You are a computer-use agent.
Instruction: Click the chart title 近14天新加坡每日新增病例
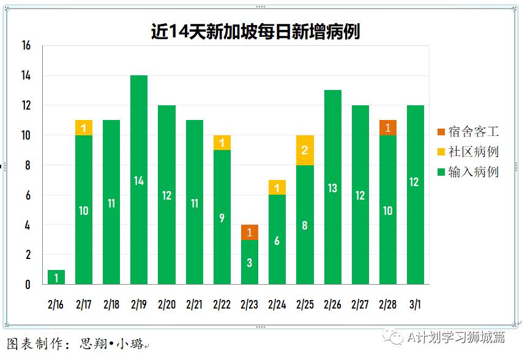256,31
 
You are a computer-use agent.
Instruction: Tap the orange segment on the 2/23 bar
250,233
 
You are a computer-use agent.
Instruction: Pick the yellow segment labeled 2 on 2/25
305,151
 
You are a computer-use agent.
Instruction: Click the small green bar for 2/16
56,277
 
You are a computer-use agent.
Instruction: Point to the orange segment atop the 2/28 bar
388,128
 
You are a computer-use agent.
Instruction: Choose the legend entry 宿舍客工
468,132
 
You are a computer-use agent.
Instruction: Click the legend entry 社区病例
468,152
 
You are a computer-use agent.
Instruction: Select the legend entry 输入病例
468,172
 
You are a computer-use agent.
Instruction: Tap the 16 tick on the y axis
26,46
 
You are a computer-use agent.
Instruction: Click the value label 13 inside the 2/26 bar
332,188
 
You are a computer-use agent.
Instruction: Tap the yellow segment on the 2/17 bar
84,127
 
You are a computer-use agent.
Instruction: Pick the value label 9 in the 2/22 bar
222,218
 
